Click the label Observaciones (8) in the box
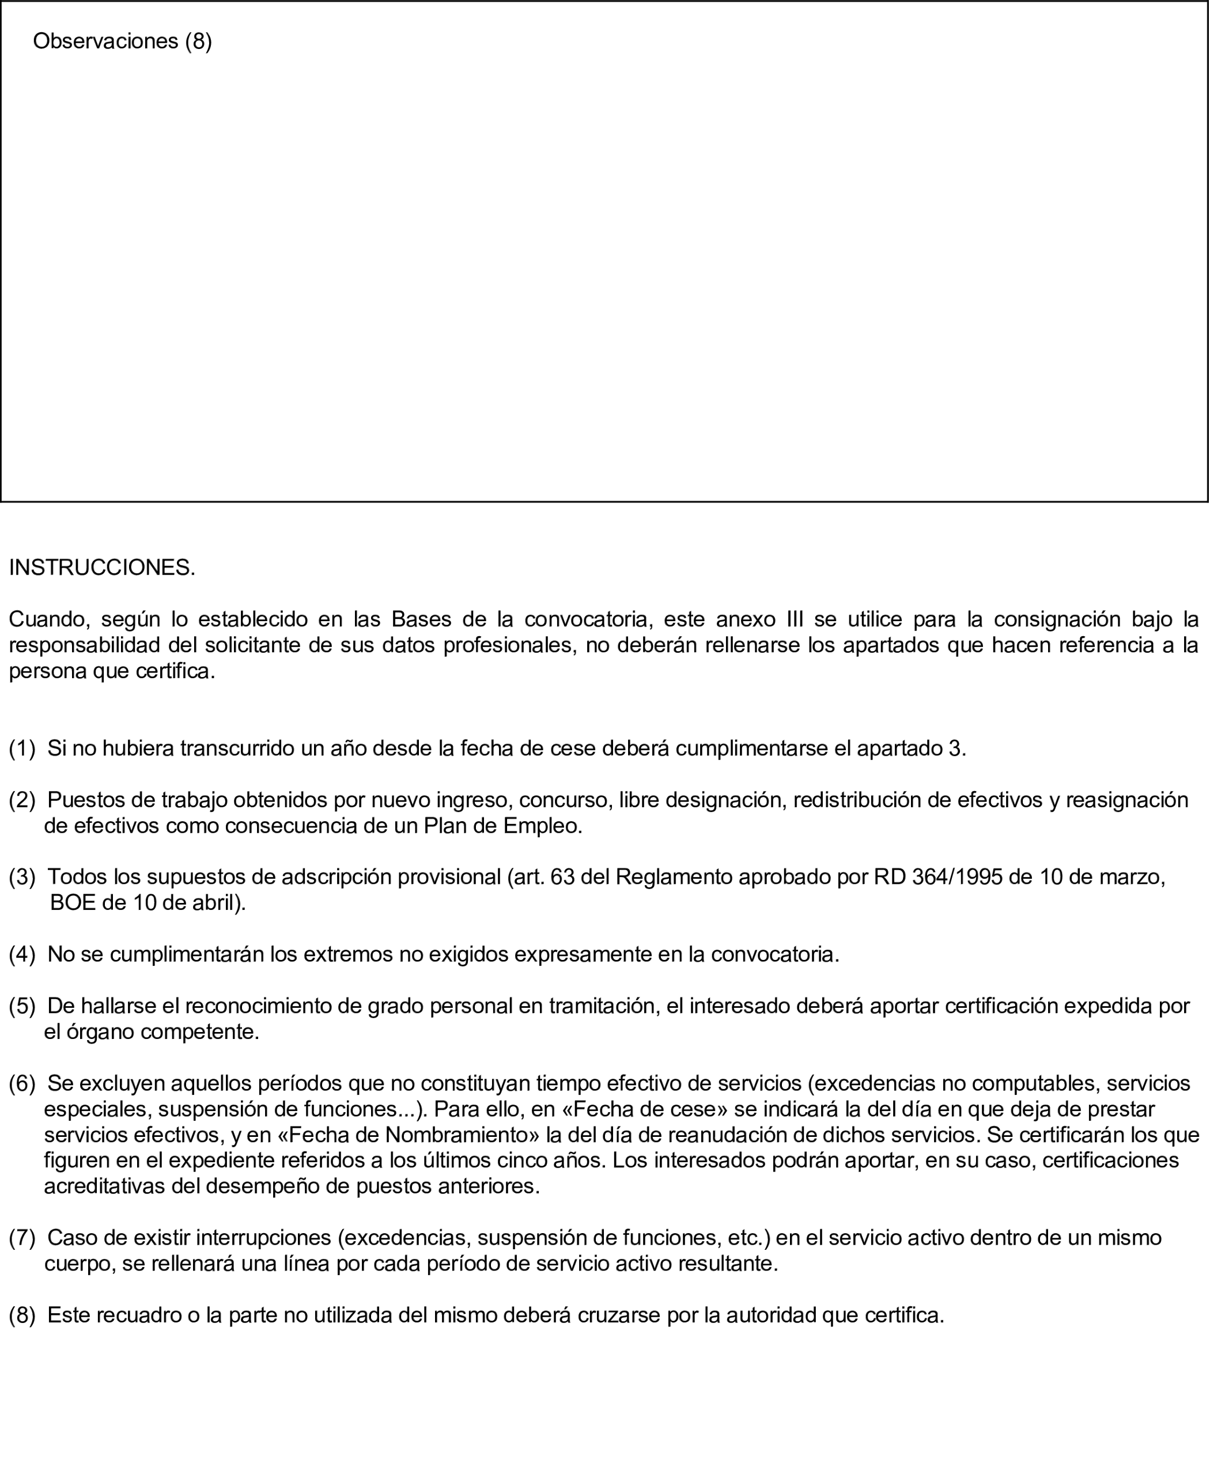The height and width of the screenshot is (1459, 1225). point(122,41)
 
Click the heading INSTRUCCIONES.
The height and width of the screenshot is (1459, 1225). point(102,568)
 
